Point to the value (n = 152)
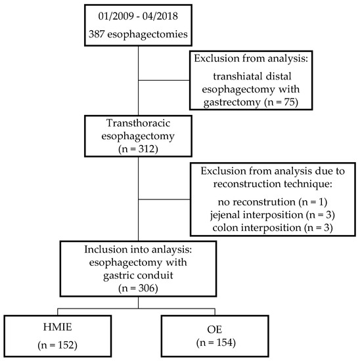tap(53, 344)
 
